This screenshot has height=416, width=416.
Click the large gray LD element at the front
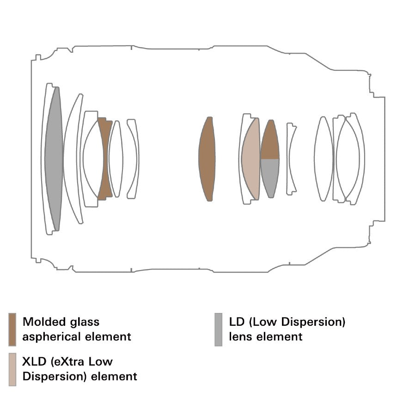pos(54,159)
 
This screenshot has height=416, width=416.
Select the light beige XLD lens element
pos(251,159)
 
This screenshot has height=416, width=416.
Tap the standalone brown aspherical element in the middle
pos(207,159)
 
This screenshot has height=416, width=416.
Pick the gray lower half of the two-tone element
pos(270,177)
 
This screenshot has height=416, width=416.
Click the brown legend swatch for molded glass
pos(12,330)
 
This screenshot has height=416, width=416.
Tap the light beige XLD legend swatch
pos(12,369)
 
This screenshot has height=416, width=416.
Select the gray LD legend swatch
pos(218,330)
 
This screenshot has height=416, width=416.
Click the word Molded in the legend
pos(44,322)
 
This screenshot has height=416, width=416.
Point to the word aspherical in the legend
pos(50,337)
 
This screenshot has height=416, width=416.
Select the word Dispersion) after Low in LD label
pos(313,322)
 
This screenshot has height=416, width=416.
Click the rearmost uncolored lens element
pos(355,159)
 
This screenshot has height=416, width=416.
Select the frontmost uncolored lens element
pos(44,159)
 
